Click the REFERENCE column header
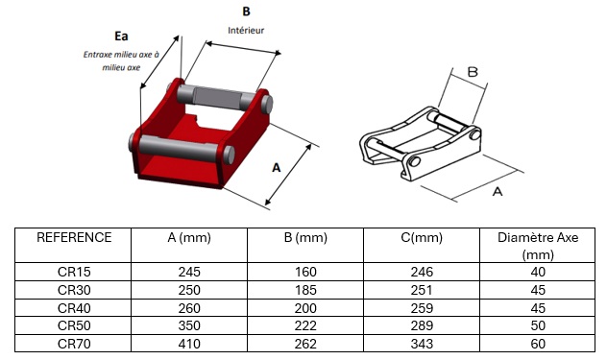[x=74, y=237]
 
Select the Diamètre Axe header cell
[x=538, y=246]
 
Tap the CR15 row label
[x=74, y=272]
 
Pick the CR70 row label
[x=74, y=344]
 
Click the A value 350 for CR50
[x=189, y=325]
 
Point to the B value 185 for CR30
[x=305, y=290]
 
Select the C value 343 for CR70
[x=422, y=344]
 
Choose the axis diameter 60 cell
[x=538, y=344]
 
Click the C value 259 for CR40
[x=422, y=308]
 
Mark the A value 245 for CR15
[x=189, y=272]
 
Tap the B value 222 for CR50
[x=305, y=325]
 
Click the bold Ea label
[x=121, y=36]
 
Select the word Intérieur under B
[x=246, y=30]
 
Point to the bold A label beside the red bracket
[x=276, y=168]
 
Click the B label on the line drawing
[x=473, y=72]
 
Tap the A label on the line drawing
[x=498, y=191]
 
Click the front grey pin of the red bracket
[x=182, y=149]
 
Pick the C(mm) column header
[x=422, y=237]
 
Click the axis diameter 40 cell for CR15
[x=538, y=272]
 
